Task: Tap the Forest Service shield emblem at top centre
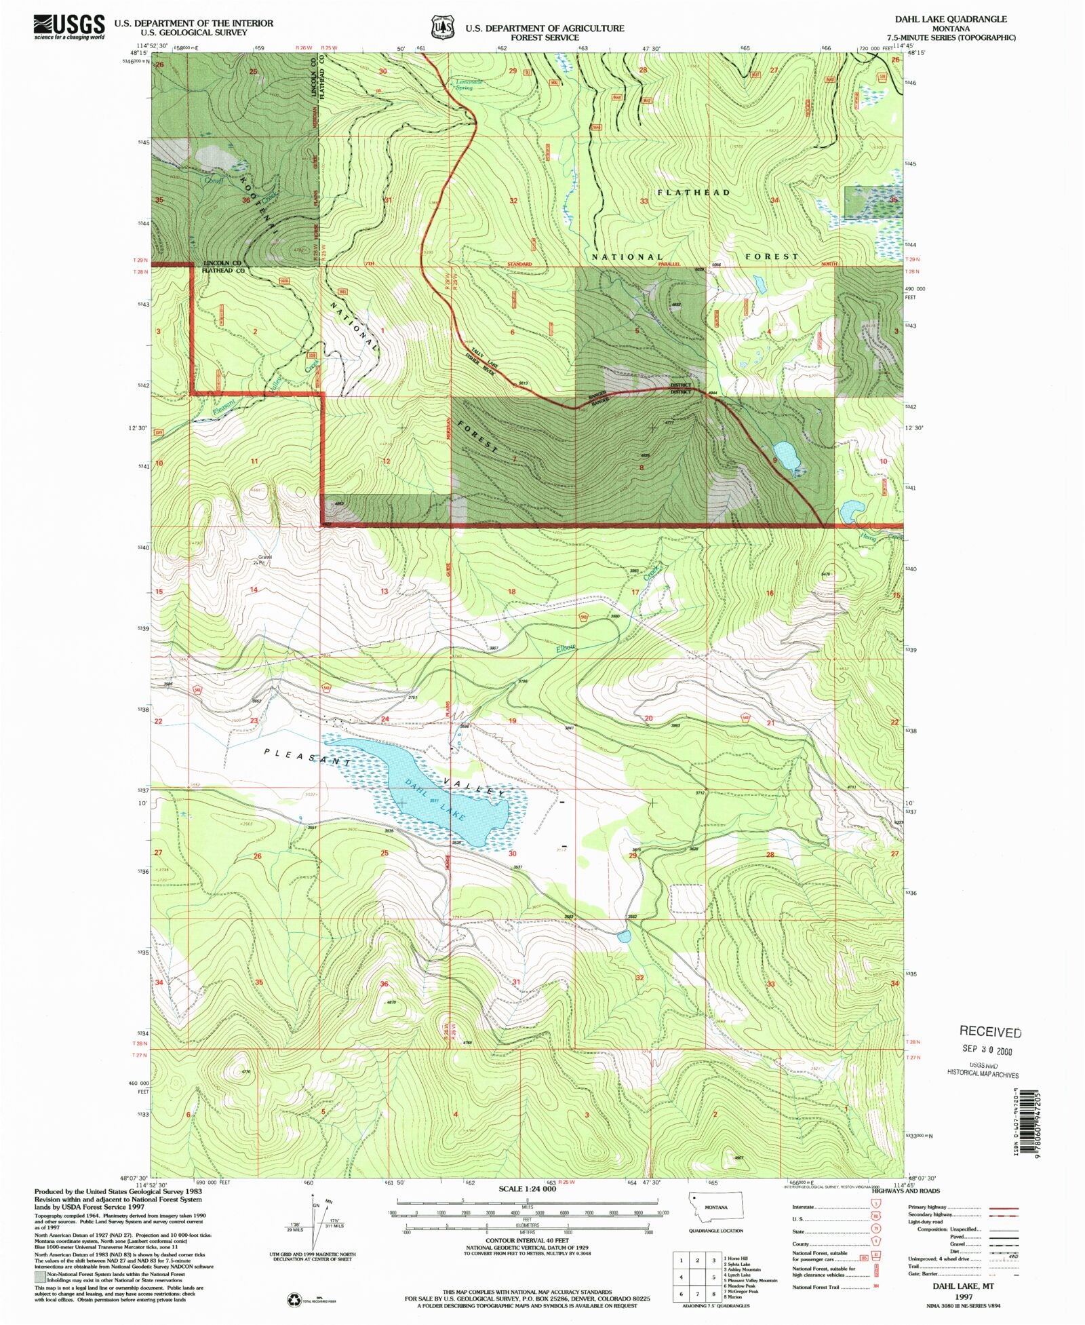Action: [443, 27]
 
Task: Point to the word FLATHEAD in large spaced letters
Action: [693, 193]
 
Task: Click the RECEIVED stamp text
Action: [989, 1032]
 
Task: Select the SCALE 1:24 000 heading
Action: [527, 1189]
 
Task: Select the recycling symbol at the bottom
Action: [295, 1300]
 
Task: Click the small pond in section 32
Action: [624, 937]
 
